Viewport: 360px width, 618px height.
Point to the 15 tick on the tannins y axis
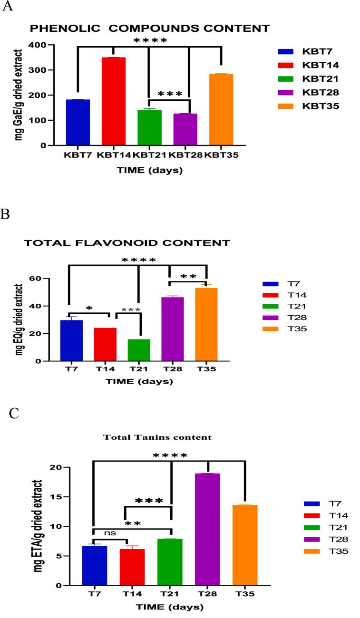point(58,497)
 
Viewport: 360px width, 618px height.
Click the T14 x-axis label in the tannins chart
point(132,594)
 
